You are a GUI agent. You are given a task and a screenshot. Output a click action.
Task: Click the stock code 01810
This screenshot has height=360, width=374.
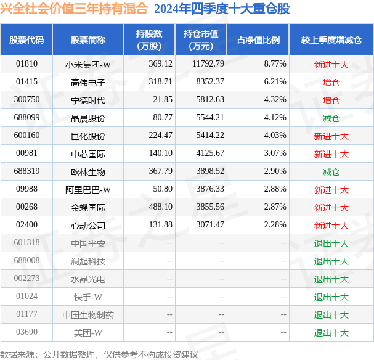pyautogui.click(x=26, y=63)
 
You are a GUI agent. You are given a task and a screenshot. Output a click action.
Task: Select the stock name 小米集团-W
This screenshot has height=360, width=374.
pyautogui.click(x=87, y=63)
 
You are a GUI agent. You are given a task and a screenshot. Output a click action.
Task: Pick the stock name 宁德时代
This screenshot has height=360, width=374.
pyautogui.click(x=87, y=100)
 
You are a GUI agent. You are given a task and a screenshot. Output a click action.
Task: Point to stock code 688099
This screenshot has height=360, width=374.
pyautogui.click(x=26, y=117)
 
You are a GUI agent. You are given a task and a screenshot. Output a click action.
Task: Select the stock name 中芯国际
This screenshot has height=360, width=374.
pyautogui.click(x=87, y=153)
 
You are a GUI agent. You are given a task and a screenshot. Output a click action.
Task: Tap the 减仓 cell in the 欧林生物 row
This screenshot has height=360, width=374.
pyautogui.click(x=331, y=172)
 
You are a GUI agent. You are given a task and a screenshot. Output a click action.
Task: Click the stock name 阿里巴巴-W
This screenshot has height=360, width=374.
pyautogui.click(x=87, y=190)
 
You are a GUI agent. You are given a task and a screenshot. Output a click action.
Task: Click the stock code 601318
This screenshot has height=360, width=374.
pyautogui.click(x=26, y=243)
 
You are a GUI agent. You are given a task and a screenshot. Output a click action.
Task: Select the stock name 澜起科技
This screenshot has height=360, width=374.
pyautogui.click(x=87, y=261)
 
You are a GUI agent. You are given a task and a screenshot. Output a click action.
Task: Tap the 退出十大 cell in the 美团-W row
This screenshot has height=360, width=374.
pyautogui.click(x=331, y=333)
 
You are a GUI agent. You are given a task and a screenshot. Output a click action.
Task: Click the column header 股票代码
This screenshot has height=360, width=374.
pyautogui.click(x=26, y=40)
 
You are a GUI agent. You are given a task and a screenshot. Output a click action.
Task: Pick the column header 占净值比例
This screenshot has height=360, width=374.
pyautogui.click(x=258, y=40)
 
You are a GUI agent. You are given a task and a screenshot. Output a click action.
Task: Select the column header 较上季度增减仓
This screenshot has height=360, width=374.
pyautogui.click(x=331, y=40)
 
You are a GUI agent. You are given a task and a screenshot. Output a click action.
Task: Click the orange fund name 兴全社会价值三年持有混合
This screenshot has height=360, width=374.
pyautogui.click(x=74, y=9)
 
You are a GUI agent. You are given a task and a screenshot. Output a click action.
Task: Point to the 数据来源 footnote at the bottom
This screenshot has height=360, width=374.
pyautogui.click(x=99, y=354)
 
